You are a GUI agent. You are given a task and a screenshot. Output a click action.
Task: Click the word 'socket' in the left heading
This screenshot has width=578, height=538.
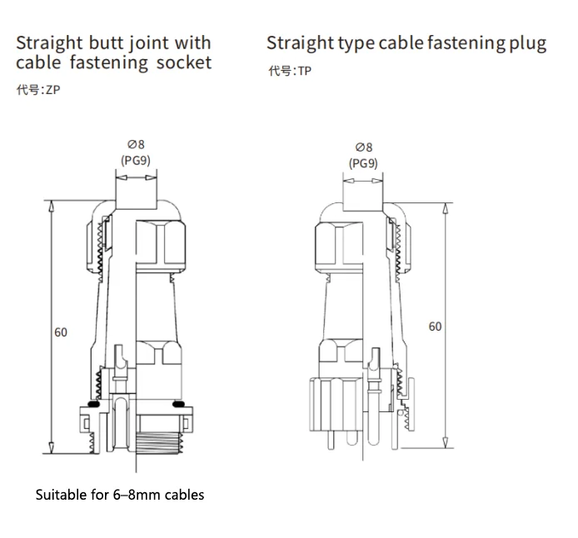(x=184, y=62)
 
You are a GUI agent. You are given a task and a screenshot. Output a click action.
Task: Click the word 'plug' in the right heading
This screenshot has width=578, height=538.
(x=526, y=43)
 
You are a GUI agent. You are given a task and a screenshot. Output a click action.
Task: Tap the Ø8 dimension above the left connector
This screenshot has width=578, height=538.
(x=135, y=145)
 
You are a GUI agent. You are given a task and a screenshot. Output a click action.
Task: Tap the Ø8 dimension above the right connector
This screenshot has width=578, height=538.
(x=363, y=147)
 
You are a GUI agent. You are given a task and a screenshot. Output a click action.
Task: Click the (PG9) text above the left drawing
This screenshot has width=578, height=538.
(x=135, y=160)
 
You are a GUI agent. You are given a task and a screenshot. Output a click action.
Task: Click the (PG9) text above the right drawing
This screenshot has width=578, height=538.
(x=363, y=163)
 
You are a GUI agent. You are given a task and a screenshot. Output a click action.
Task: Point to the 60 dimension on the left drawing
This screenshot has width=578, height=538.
(x=61, y=332)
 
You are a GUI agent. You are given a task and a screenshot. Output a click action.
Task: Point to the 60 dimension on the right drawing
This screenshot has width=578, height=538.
(x=435, y=326)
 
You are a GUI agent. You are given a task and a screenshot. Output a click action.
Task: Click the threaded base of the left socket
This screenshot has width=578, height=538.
(x=157, y=441)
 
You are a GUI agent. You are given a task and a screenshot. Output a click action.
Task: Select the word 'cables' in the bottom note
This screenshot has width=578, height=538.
(x=185, y=495)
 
